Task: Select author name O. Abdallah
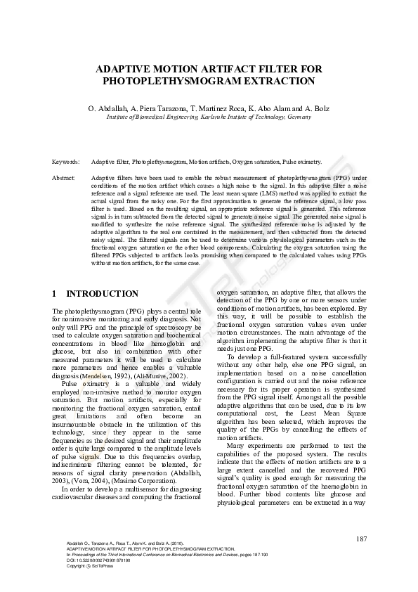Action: [x=107, y=109]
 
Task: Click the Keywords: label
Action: [x=66, y=162]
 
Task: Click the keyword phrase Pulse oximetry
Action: [x=302, y=162]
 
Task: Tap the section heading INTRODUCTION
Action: [x=102, y=293]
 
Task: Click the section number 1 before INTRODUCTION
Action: [x=55, y=293]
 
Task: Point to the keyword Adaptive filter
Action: [x=110, y=162]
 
